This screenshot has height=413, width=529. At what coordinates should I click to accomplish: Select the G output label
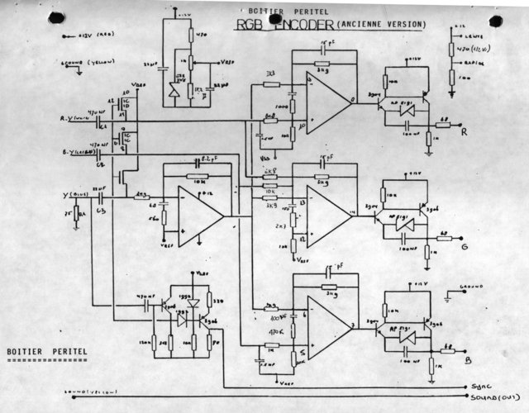(x=466, y=245)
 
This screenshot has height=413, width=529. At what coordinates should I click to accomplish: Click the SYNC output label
(x=481, y=387)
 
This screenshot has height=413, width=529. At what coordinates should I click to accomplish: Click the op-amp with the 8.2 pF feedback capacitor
(x=198, y=214)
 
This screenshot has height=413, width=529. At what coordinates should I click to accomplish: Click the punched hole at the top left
(x=55, y=17)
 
